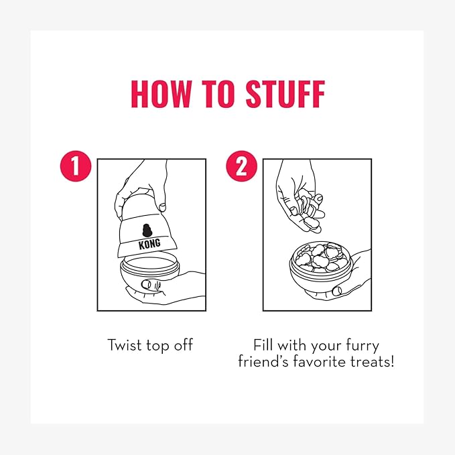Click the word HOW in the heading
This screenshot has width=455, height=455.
[161, 94]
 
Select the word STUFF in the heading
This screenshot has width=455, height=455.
[285, 94]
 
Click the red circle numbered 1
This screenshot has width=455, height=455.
[76, 166]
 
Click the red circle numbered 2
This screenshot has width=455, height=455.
[242, 166]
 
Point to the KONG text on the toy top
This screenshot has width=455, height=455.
[149, 244]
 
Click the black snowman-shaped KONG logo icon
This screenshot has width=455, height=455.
[147, 230]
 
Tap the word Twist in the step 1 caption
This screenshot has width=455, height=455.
[125, 344]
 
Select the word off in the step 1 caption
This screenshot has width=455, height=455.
[184, 344]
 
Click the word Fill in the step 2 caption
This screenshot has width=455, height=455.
[263, 344]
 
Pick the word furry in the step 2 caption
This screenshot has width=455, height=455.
[363, 346]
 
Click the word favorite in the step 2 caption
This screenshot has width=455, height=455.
[319, 361]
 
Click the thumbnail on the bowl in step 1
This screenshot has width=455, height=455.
[146, 284]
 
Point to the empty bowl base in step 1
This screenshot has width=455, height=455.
[149, 273]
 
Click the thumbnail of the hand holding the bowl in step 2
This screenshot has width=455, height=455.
[337, 291]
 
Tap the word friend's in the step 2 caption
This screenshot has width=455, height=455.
[263, 361]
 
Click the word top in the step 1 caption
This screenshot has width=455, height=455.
[158, 346]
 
